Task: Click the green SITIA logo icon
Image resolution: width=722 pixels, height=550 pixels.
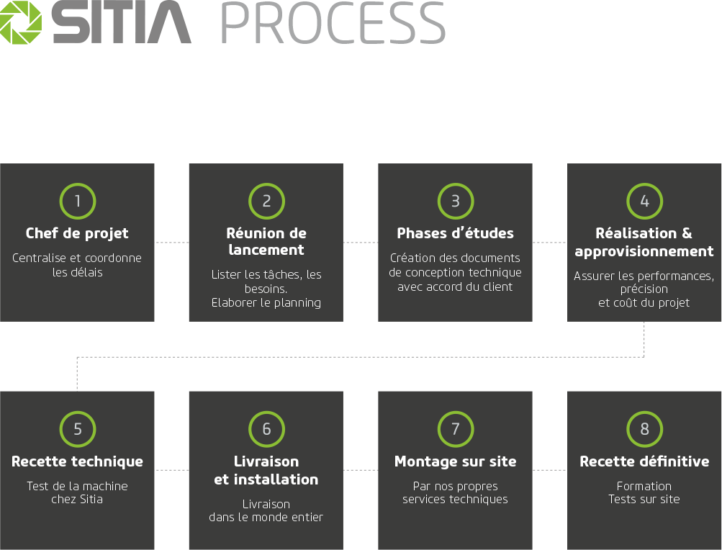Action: pyautogui.click(x=21, y=24)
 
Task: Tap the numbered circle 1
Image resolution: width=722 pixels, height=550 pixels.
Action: pyautogui.click(x=78, y=202)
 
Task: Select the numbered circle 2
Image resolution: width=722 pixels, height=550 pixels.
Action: pyautogui.click(x=266, y=202)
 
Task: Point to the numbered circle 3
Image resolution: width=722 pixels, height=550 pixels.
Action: pyautogui.click(x=455, y=202)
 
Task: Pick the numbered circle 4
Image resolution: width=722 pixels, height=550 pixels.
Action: pyautogui.click(x=644, y=202)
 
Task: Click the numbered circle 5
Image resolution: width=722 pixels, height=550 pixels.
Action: pyautogui.click(x=78, y=429)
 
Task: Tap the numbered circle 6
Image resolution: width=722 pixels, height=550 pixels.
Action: pyautogui.click(x=266, y=429)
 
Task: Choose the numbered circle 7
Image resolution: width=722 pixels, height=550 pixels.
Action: pyautogui.click(x=455, y=429)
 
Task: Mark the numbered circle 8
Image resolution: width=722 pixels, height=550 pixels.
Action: pyautogui.click(x=644, y=429)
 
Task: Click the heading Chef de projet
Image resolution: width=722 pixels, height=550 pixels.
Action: pyautogui.click(x=77, y=233)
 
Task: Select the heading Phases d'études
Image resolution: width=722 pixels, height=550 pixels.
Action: pyautogui.click(x=455, y=233)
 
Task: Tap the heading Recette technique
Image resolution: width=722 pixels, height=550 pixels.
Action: pyautogui.click(x=77, y=461)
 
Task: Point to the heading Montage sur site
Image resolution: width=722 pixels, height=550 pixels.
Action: pyautogui.click(x=455, y=461)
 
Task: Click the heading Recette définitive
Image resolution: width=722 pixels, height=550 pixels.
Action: pyautogui.click(x=644, y=461)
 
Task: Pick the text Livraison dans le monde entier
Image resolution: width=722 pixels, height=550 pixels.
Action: pyautogui.click(x=266, y=510)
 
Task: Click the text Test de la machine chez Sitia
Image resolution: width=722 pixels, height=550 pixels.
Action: pyautogui.click(x=77, y=492)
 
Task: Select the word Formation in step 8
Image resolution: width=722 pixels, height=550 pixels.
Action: pyautogui.click(x=644, y=486)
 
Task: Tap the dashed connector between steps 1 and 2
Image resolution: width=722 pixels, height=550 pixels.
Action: pyautogui.click(x=171, y=243)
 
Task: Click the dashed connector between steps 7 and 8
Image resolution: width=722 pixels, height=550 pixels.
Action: pyautogui.click(x=550, y=470)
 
